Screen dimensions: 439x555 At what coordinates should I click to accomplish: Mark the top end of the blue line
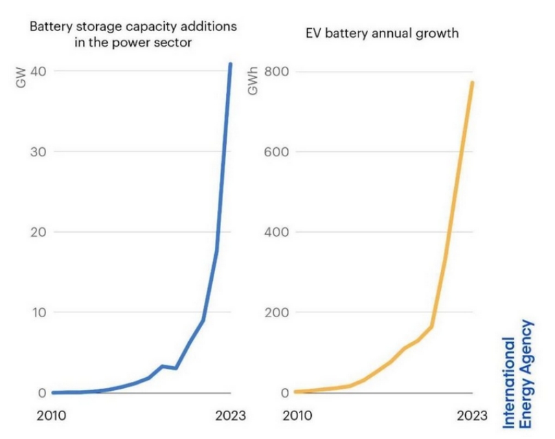231,64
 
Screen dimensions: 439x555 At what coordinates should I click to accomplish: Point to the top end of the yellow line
473,83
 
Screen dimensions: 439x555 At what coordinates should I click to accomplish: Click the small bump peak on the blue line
162,366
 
